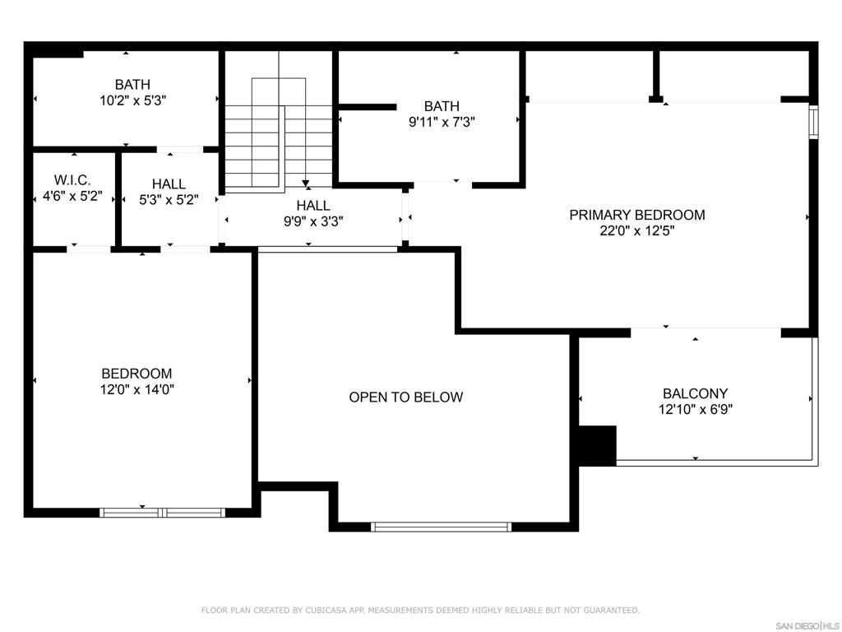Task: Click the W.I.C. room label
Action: point(72,180)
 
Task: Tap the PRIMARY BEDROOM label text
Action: point(637,215)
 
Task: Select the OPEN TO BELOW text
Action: point(406,397)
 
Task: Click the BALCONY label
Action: point(696,393)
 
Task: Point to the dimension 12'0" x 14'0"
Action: point(137,389)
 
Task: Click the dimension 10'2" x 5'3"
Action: point(132,100)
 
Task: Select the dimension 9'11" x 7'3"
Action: point(442,122)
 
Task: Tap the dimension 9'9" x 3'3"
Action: point(313,221)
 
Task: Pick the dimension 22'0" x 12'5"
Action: point(637,231)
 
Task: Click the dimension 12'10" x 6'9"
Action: point(696,410)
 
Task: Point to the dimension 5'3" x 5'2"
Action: point(169,200)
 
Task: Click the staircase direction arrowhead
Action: point(306,184)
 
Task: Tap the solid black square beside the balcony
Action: point(597,445)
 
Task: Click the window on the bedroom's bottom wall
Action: point(162,512)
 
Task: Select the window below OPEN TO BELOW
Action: point(441,527)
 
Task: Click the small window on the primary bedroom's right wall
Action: point(813,122)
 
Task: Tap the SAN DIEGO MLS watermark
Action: point(807,626)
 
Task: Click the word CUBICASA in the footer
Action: point(326,611)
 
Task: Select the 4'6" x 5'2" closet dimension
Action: point(72,196)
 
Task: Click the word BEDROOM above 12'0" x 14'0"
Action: point(137,374)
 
